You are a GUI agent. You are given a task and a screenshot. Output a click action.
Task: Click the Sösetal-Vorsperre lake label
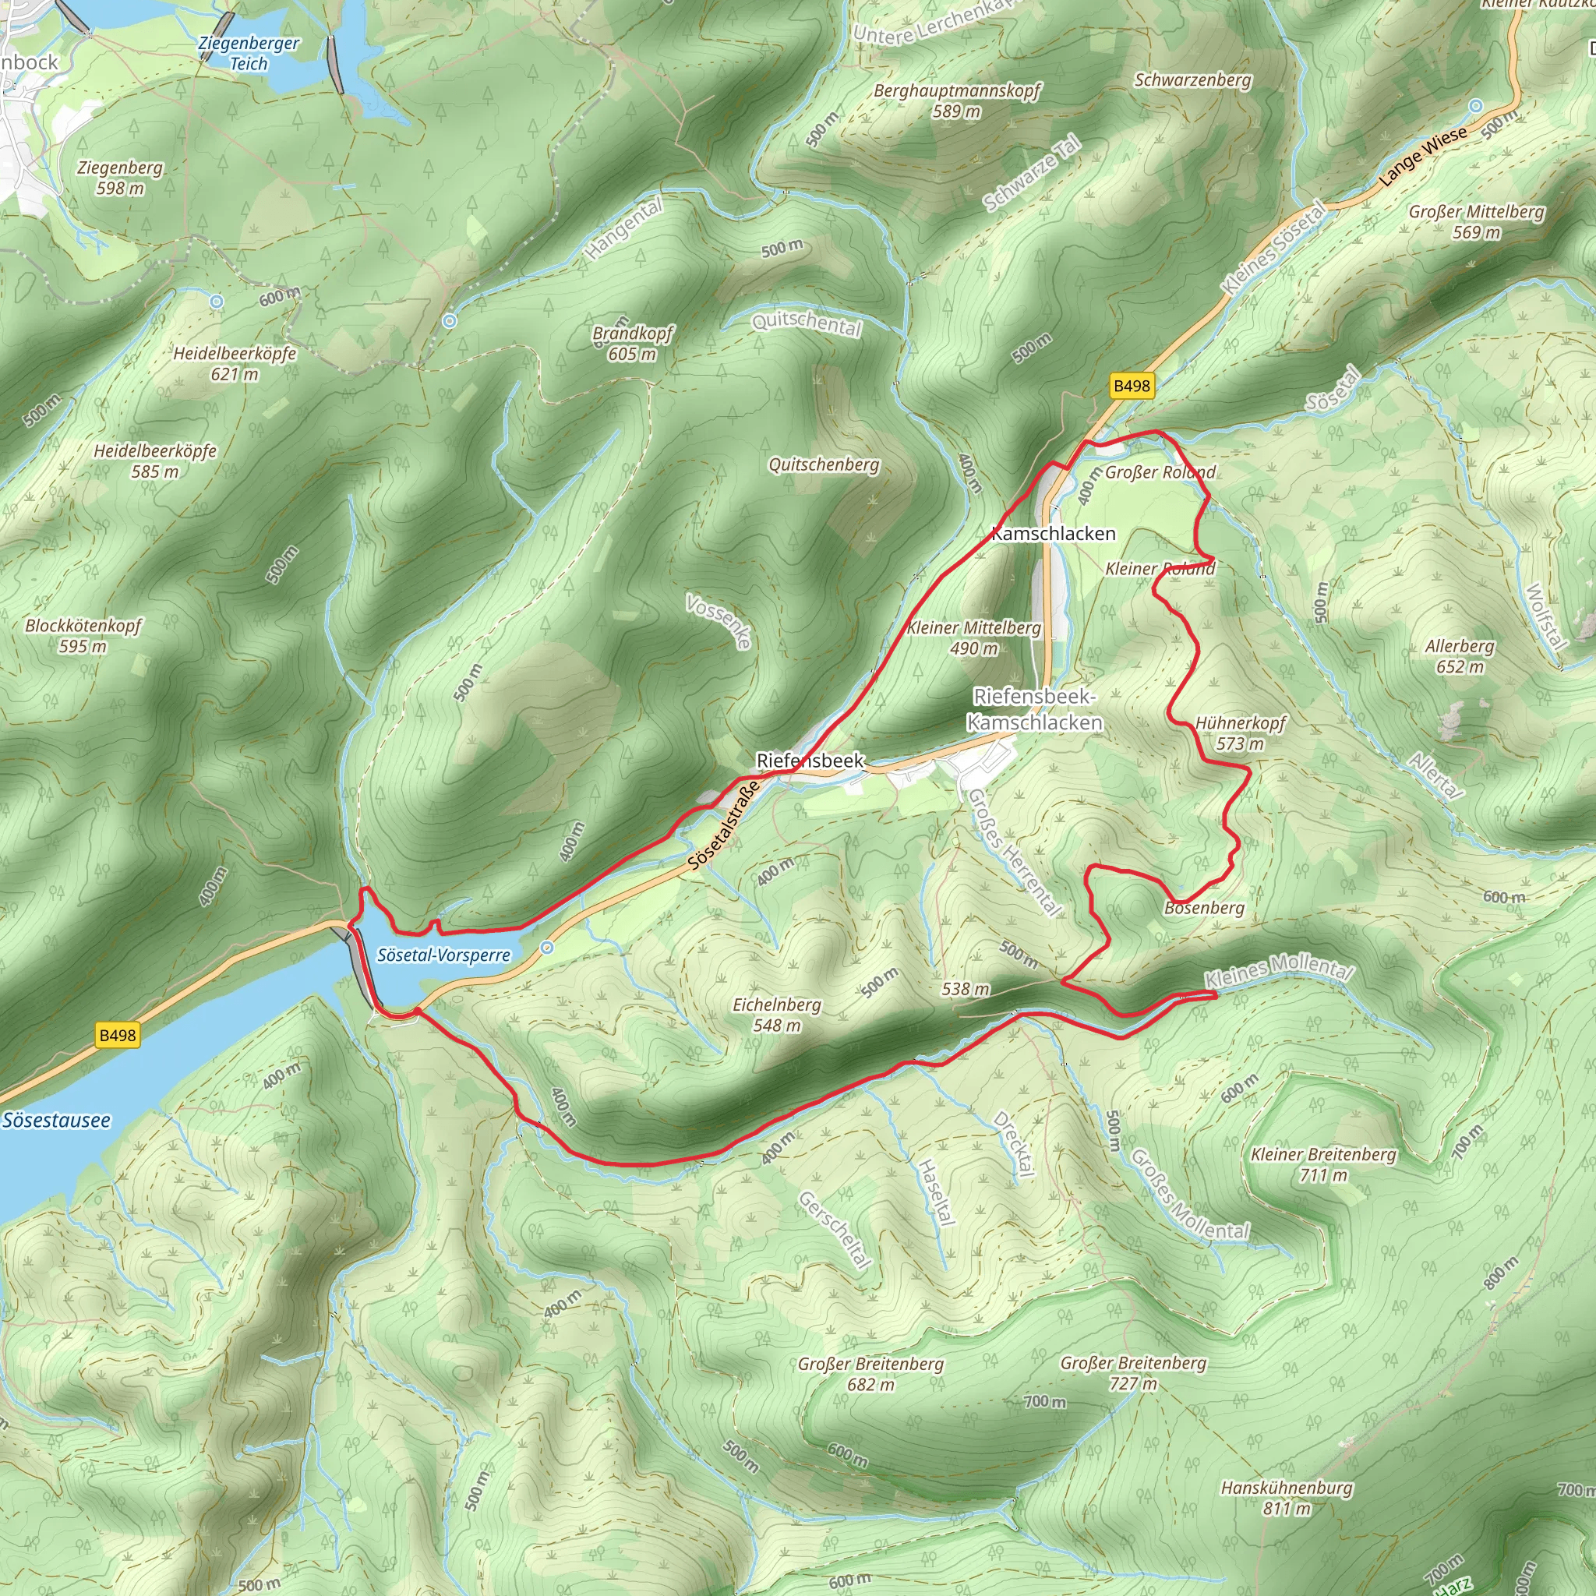tap(443, 955)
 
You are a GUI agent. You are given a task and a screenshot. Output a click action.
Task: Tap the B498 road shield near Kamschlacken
tap(1131, 386)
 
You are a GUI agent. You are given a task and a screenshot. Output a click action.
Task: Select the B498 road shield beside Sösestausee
tap(118, 1035)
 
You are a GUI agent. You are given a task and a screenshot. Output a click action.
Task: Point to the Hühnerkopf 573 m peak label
tap(1240, 733)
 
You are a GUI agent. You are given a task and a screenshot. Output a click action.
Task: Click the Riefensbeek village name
tap(810, 760)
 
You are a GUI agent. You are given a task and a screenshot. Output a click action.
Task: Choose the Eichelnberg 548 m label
tap(776, 1015)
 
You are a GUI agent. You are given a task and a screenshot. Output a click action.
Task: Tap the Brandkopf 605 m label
tap(633, 344)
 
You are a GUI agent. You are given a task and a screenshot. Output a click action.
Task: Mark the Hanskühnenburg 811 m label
tap(1286, 1498)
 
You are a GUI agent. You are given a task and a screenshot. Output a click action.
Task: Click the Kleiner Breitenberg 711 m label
tap(1322, 1164)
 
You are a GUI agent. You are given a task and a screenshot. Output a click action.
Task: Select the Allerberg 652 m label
tap(1459, 656)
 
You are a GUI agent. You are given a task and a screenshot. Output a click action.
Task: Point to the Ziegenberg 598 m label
tap(121, 178)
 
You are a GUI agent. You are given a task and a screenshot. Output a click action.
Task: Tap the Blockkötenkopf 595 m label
tap(83, 635)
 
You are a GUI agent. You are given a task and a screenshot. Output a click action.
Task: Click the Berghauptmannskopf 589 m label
tap(958, 100)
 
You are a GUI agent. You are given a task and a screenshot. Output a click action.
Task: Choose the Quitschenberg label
tap(824, 464)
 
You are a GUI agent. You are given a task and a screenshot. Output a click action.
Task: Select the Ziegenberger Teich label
tap(249, 53)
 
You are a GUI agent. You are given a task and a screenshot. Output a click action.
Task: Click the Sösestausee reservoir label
tap(56, 1120)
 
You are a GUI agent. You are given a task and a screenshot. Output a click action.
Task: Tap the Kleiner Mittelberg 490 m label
tap(974, 637)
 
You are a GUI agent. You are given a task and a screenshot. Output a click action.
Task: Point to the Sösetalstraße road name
tap(724, 825)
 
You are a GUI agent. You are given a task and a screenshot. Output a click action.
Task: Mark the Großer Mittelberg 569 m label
tap(1476, 221)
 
